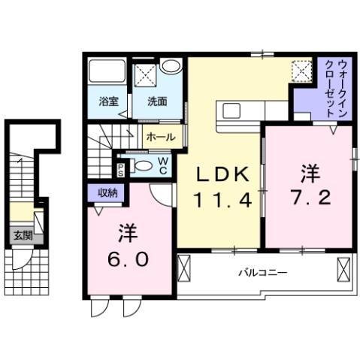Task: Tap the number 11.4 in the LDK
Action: point(222,201)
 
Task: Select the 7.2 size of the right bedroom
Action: point(309,200)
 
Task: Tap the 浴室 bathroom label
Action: point(109,101)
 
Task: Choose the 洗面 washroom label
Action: point(156,101)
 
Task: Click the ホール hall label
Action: point(161,138)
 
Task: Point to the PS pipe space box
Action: point(120,168)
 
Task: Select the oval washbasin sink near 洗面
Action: point(171,66)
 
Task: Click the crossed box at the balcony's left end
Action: point(185,268)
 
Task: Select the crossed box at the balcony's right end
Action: point(344,268)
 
